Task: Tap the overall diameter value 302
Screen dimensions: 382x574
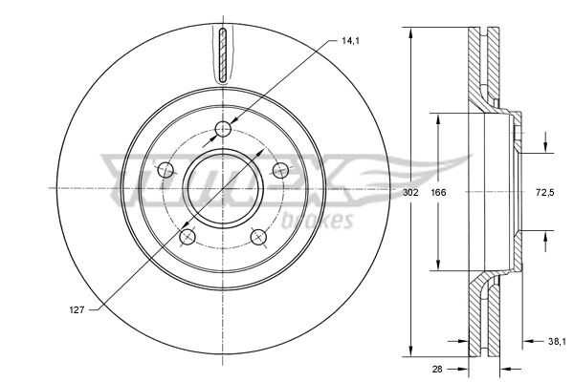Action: point(411,192)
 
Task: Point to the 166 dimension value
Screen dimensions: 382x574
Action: point(438,192)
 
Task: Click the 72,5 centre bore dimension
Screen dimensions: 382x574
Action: point(544,192)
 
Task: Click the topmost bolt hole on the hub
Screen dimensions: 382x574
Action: point(223,130)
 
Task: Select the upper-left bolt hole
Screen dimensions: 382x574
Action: point(166,171)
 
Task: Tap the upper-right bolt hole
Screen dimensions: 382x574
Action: point(280,170)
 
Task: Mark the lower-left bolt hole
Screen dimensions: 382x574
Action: point(188,238)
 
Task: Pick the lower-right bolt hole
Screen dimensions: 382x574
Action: point(258,237)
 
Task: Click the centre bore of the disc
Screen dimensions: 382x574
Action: point(223,189)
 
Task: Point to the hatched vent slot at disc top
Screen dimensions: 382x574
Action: point(223,55)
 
